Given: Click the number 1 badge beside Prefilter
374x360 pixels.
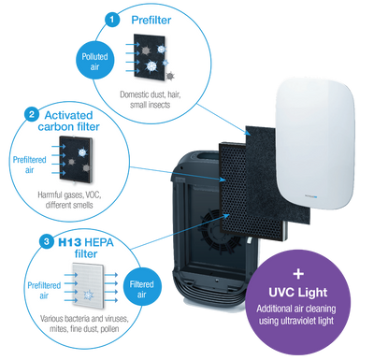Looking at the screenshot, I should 112,18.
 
